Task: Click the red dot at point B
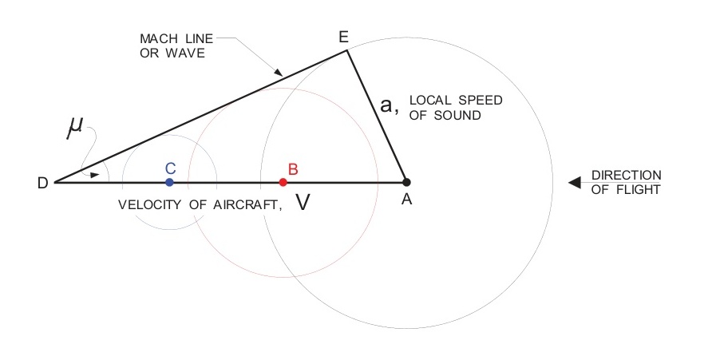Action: coord(283,182)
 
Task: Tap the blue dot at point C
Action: coord(169,182)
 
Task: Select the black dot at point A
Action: coord(406,182)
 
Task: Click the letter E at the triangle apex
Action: coord(344,38)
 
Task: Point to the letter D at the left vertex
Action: coord(42,183)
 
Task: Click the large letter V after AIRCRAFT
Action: coord(303,203)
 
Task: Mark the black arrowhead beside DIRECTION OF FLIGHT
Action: coord(572,183)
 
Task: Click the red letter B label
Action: coord(293,168)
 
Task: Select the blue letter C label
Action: coord(170,168)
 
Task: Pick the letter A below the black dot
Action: coord(406,200)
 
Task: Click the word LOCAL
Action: coord(429,101)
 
